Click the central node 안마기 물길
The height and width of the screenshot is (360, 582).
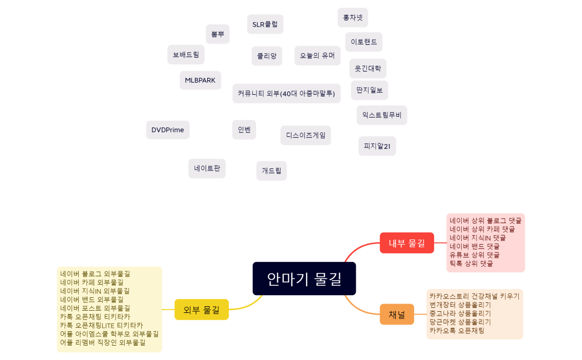click(304, 279)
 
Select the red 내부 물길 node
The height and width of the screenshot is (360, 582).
click(406, 243)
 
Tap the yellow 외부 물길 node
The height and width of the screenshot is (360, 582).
click(202, 309)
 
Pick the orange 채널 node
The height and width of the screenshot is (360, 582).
click(396, 315)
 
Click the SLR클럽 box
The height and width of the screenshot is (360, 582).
click(265, 24)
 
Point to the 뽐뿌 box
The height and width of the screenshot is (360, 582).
click(217, 34)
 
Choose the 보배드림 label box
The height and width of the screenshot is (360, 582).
click(186, 55)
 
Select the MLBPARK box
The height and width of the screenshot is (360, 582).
click(200, 80)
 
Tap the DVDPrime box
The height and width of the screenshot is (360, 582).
click(168, 130)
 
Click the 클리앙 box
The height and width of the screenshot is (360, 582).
click(267, 56)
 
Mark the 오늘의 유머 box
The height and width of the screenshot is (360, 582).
click(317, 55)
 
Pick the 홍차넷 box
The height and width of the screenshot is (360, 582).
click(353, 18)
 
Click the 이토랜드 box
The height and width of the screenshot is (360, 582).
click(364, 42)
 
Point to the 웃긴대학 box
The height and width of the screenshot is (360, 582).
click(368, 69)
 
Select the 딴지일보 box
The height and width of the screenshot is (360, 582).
click(370, 90)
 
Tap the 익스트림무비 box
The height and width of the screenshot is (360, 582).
click(382, 115)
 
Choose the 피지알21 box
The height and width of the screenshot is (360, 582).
click(377, 146)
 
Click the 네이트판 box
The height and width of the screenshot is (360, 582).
click(207, 168)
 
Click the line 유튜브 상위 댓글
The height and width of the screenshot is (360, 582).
click(474, 255)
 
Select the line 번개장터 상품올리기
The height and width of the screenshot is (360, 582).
click(460, 305)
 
